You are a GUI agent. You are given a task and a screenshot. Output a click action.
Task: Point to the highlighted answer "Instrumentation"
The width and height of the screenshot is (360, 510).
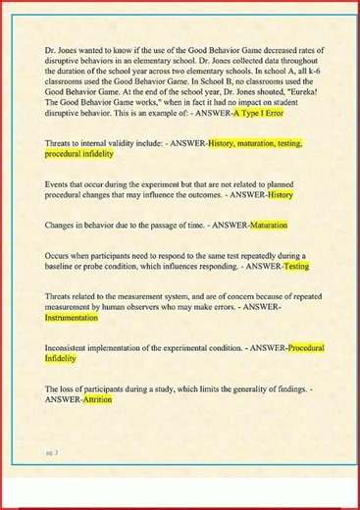72,318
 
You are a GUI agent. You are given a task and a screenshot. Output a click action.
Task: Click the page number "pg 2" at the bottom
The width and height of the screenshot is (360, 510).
51,451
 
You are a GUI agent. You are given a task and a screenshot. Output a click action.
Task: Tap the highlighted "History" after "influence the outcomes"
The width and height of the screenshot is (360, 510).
281,194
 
